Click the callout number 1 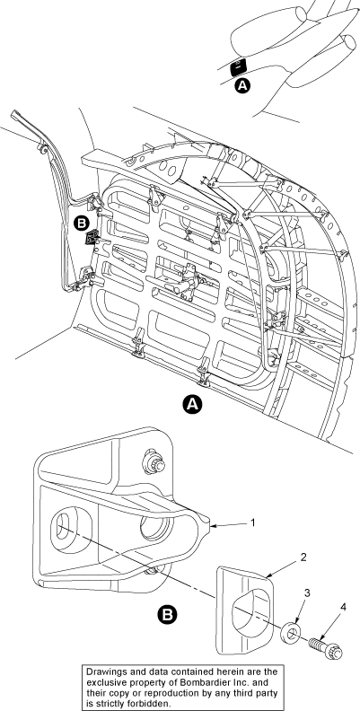(253, 522)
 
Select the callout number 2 (303, 557)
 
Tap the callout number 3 (306, 592)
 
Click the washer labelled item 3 (290, 633)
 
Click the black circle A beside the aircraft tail (243, 85)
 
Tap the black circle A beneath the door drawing (192, 405)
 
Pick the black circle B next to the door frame (82, 224)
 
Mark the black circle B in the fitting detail (167, 614)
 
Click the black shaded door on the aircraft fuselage (239, 66)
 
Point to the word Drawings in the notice (104, 671)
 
